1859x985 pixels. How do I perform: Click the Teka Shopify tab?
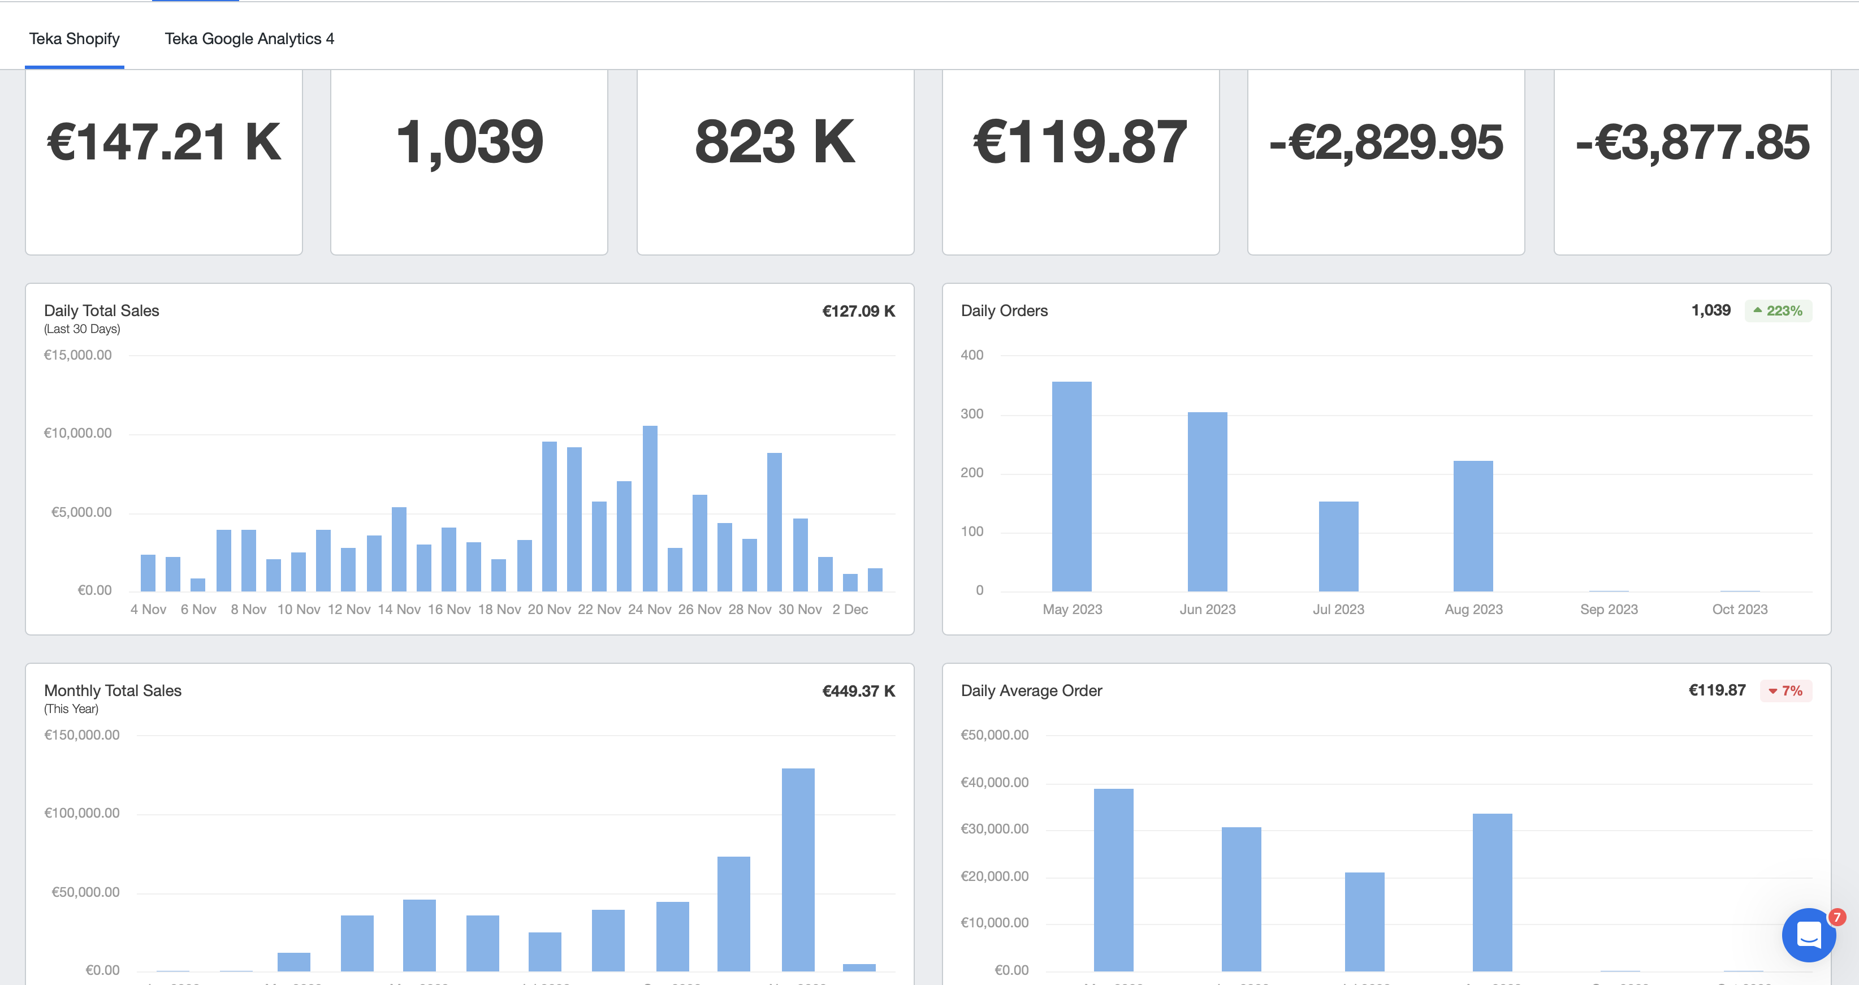(x=74, y=39)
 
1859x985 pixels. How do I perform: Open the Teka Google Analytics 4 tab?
(x=249, y=39)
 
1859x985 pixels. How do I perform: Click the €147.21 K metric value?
(x=164, y=142)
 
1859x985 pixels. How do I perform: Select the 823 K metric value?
(x=775, y=142)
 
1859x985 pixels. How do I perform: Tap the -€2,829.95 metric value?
(x=1386, y=142)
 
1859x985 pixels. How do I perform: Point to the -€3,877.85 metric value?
(x=1692, y=142)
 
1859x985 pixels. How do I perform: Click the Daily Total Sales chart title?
(x=102, y=311)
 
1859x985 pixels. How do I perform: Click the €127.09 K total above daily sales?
(x=858, y=311)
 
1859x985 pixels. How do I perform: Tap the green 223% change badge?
(x=1778, y=311)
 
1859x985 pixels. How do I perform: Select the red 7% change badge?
(x=1785, y=690)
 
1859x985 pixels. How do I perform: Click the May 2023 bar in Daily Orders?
(x=1071, y=486)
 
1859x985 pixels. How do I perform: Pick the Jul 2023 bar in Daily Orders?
(x=1338, y=546)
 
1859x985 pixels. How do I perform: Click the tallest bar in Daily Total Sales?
(x=650, y=509)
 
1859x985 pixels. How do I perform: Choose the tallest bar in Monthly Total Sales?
(x=797, y=870)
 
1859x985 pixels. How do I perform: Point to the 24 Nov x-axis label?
(x=650, y=610)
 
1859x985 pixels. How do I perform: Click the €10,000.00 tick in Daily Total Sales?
(x=78, y=433)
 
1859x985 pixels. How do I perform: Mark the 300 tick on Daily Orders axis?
(x=971, y=414)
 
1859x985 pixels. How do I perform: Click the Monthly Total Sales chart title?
(x=113, y=690)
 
